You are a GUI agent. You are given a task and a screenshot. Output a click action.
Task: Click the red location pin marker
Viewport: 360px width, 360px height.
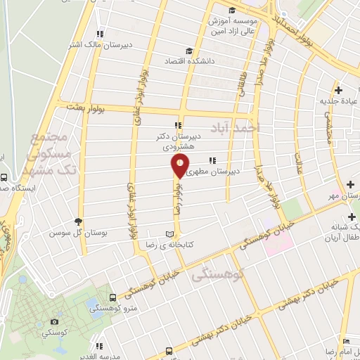coord(181,167)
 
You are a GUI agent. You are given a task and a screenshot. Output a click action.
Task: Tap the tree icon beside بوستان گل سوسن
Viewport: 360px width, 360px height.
coord(78,221)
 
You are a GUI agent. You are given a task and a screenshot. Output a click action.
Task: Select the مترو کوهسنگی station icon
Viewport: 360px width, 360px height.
coord(113,299)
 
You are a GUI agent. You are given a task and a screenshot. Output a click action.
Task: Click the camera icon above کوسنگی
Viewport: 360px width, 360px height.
coord(54,321)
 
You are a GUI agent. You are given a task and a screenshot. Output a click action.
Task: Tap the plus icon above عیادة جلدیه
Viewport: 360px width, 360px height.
coord(340,89)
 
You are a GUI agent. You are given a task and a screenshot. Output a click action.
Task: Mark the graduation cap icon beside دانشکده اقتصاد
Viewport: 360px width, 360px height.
coord(188,51)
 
